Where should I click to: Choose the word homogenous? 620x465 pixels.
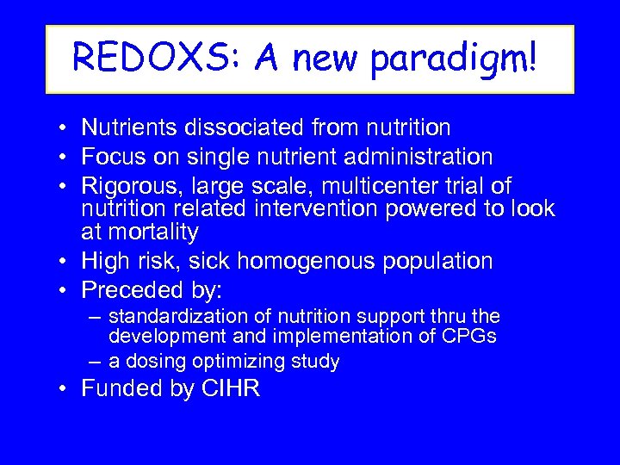click(x=318, y=260)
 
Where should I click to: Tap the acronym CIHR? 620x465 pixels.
click(x=228, y=389)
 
